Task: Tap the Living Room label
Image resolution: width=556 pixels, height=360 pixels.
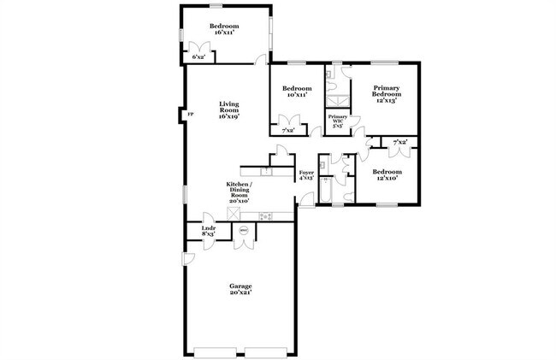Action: tap(228, 109)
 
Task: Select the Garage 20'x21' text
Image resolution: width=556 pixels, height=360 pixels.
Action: tap(240, 289)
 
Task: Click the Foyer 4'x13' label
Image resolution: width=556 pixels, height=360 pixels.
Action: tap(306, 177)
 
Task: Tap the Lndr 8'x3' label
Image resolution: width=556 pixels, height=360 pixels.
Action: tap(208, 231)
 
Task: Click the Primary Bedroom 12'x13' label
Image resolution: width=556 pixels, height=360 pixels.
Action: tap(387, 93)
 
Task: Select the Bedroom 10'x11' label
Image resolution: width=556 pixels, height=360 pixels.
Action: tap(297, 91)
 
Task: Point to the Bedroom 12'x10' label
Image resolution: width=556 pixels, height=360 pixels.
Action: tap(387, 175)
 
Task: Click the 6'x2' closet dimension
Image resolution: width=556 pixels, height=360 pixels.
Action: tap(198, 56)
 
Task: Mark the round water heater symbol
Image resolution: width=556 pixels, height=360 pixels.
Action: tap(243, 230)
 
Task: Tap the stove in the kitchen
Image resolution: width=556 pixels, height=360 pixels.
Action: tap(265, 215)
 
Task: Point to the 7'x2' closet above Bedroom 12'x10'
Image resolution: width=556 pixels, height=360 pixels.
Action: tap(399, 142)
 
